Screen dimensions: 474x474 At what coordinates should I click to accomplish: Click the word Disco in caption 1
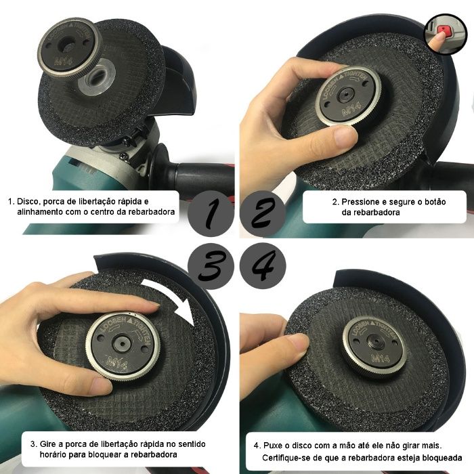pyautogui.click(x=28, y=202)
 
